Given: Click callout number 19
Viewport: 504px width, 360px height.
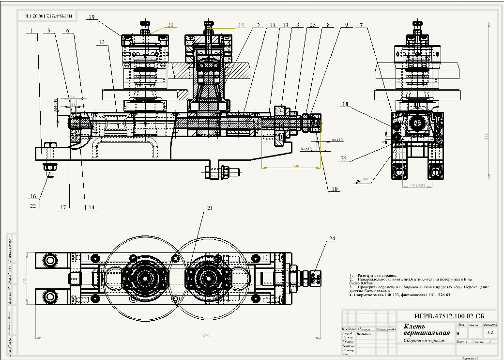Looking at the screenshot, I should (x=91, y=17).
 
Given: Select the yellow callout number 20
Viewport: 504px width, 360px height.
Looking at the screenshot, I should (x=170, y=24).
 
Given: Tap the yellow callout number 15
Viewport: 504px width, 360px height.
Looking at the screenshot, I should (x=242, y=25).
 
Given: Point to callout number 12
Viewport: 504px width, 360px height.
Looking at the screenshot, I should (x=101, y=42).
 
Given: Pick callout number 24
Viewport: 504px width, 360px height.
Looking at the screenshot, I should (x=332, y=238).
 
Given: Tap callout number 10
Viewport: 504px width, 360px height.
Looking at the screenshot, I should (x=335, y=189).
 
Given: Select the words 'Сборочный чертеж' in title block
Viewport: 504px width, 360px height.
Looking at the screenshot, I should (x=422, y=340).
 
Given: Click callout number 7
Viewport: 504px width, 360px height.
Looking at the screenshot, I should (x=360, y=25).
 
